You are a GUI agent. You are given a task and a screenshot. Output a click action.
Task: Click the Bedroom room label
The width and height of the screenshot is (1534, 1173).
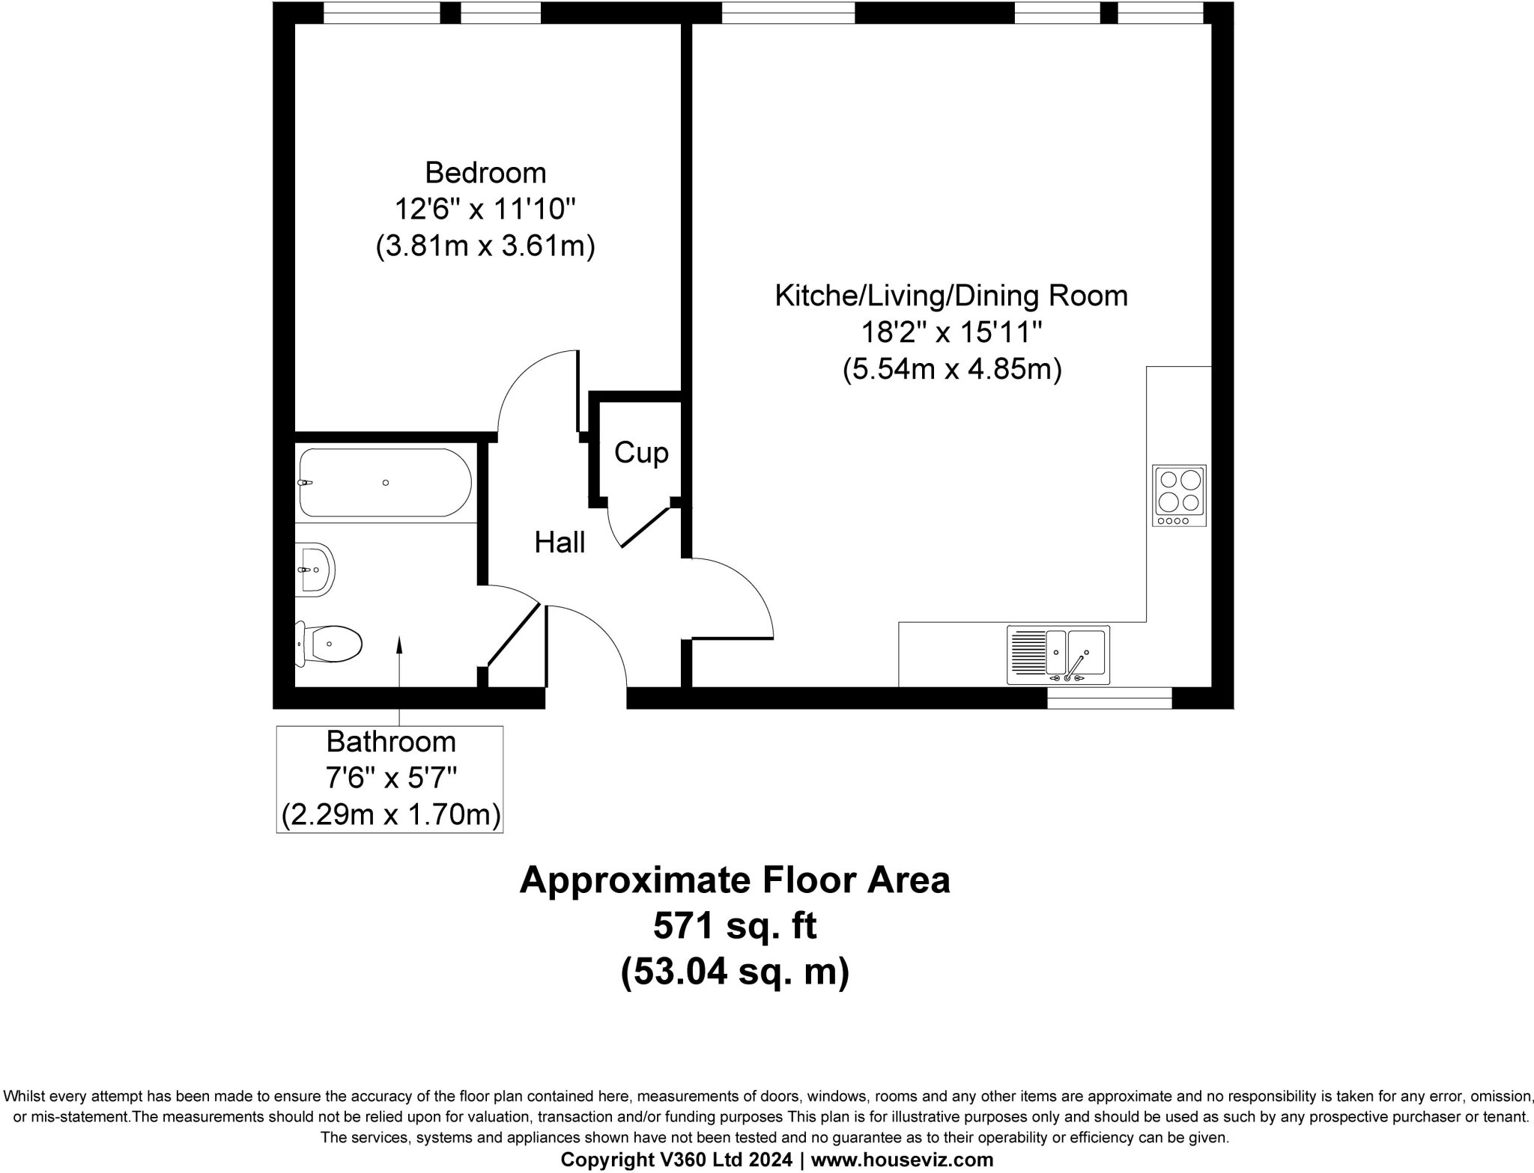485,173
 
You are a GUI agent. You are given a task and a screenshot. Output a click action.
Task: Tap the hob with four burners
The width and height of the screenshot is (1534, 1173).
1179,495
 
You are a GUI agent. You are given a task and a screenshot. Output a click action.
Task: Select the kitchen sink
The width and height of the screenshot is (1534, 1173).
1058,655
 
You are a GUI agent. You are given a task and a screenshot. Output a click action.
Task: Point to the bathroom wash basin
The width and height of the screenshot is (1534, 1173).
315,570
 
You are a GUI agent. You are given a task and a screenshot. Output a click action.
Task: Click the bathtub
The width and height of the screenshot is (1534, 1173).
383,483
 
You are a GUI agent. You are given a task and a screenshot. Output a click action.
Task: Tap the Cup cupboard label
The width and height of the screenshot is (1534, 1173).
641,453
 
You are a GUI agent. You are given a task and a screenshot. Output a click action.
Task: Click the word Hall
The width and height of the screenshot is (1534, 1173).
560,543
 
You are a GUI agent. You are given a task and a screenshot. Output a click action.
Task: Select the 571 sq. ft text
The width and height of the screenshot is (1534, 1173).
734,926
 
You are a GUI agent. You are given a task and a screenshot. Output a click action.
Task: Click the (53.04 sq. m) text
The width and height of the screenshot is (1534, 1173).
734,972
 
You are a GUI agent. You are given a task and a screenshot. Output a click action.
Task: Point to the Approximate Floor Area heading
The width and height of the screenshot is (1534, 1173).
734,880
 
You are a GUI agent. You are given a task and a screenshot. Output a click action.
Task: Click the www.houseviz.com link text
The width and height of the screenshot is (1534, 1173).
902,1160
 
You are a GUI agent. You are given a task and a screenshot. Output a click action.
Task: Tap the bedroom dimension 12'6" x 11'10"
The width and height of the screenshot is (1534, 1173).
485,209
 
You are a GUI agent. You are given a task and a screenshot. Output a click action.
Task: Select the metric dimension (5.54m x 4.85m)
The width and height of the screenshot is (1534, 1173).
951,369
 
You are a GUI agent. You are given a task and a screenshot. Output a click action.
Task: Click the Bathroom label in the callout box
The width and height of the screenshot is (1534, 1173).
391,742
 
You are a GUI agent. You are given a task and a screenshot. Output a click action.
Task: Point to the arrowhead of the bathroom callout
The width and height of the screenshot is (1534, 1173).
398,643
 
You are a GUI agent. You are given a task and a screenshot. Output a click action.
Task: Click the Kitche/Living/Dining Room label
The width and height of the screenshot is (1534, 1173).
951,296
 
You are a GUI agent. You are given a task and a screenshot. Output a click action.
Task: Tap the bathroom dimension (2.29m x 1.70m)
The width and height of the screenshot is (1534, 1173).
391,814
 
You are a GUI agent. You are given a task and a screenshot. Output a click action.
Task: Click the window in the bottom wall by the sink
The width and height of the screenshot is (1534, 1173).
1109,698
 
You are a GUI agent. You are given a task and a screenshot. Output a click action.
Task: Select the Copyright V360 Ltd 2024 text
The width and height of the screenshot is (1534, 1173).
676,1160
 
